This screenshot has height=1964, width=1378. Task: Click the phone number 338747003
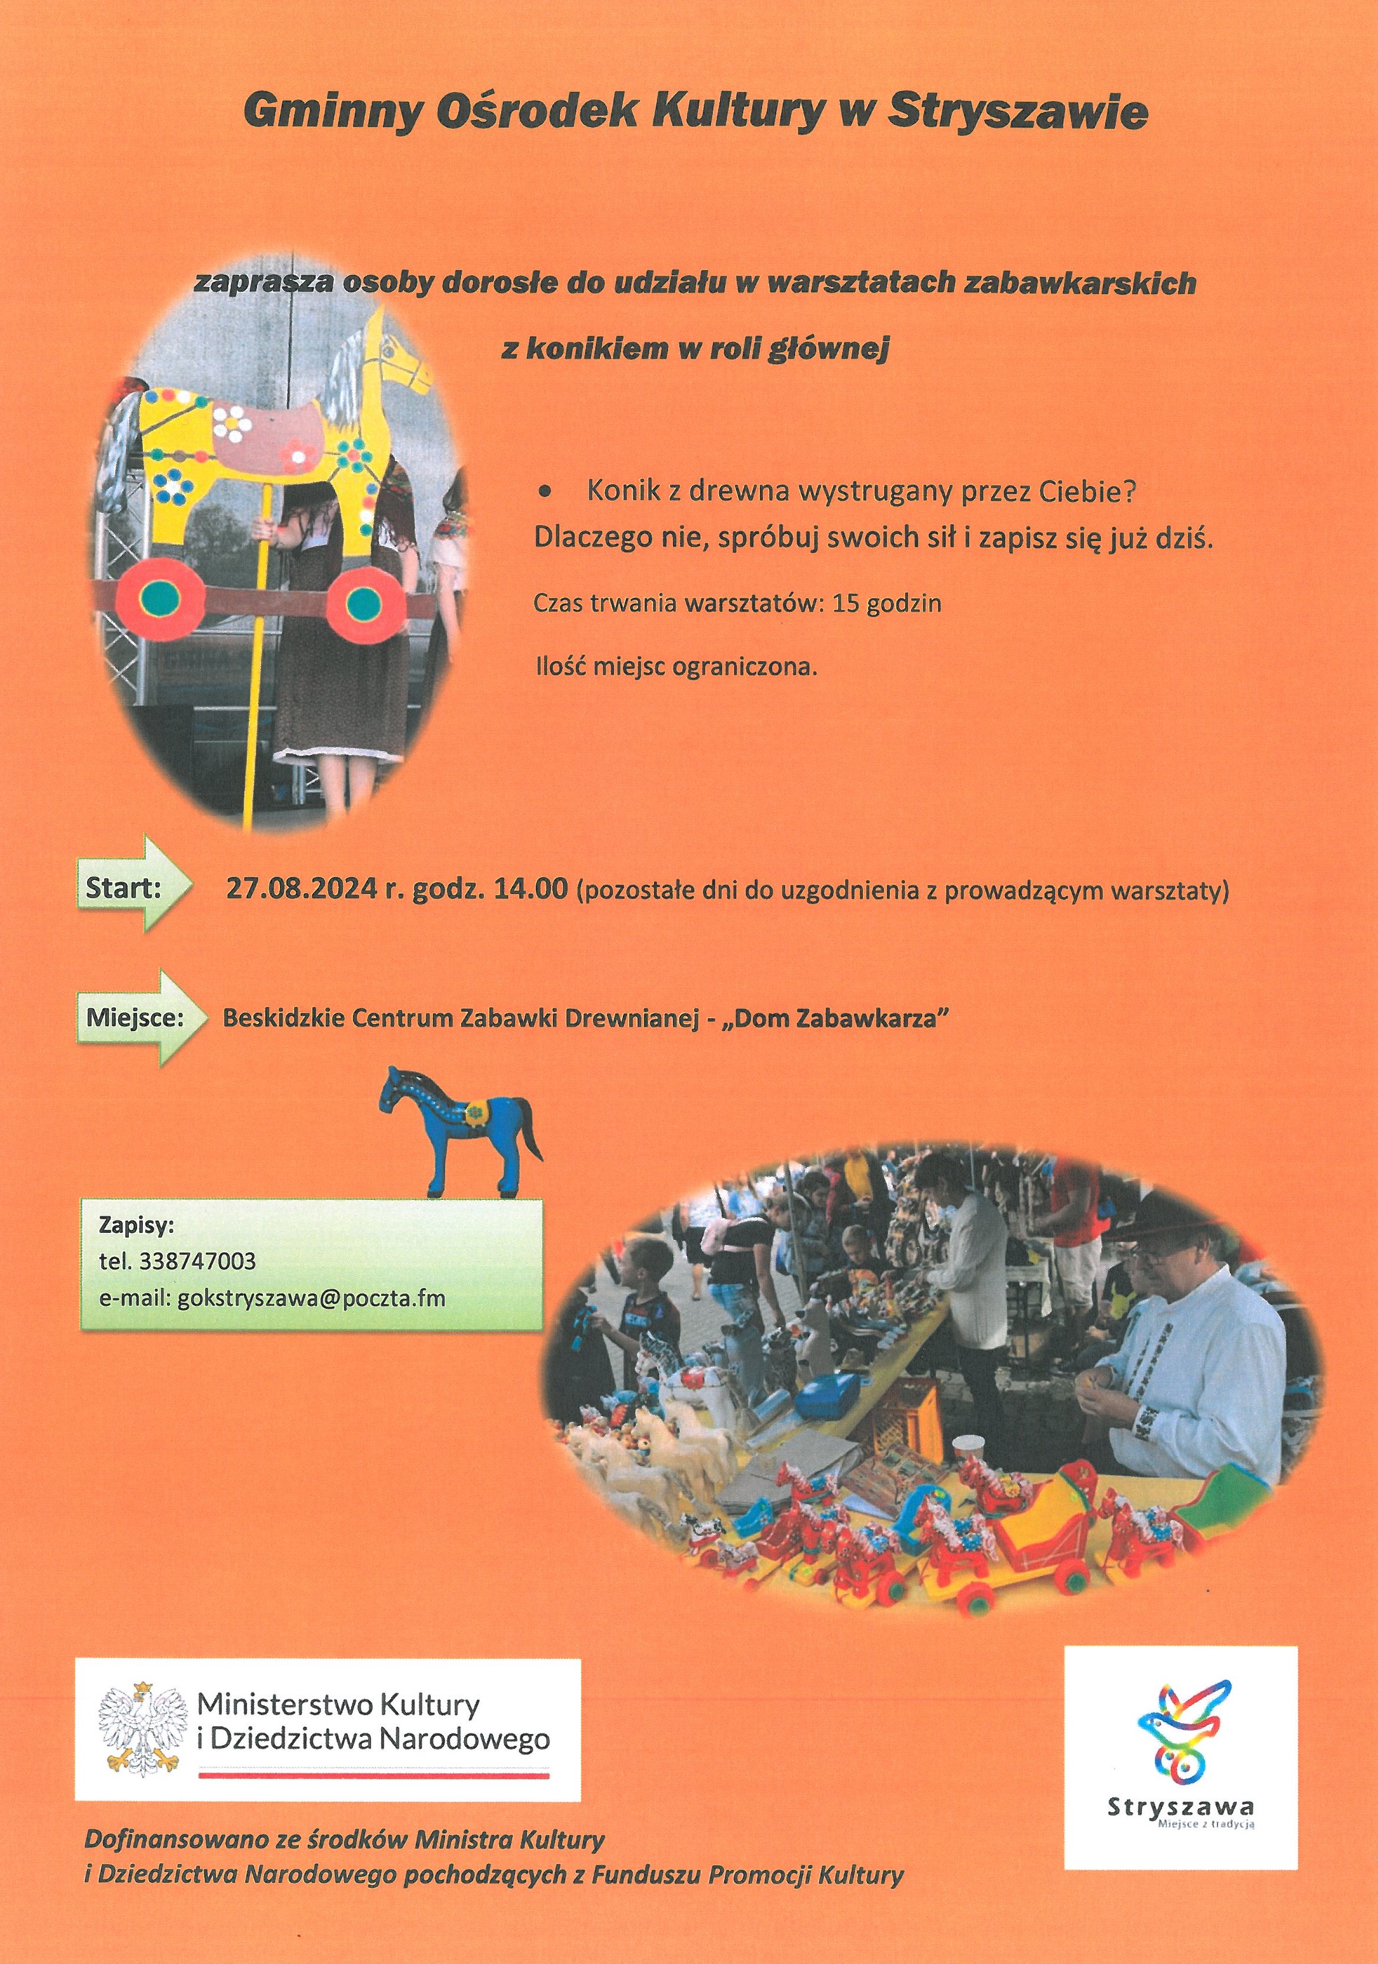tap(203, 1261)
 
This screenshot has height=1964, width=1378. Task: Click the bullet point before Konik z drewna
tap(545, 493)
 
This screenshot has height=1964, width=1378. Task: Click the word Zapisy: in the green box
tap(137, 1225)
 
